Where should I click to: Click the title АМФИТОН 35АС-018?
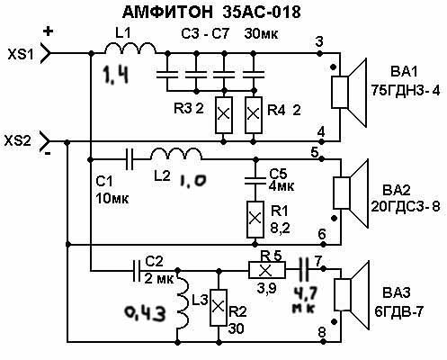tap(211, 13)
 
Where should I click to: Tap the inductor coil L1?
tap(130, 48)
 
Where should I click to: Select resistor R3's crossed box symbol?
tap(224, 115)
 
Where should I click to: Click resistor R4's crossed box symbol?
tap(254, 115)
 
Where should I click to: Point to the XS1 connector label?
tap(21, 54)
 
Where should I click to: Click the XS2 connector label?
tap(17, 140)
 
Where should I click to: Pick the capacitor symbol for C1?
tap(130, 159)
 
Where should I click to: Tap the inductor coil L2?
tap(176, 154)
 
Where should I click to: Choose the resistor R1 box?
tap(255, 220)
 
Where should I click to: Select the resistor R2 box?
tap(219, 308)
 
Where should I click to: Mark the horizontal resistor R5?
tap(267, 271)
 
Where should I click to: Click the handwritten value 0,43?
tap(145, 313)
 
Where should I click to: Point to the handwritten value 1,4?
tap(115, 75)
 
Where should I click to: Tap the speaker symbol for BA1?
tap(349, 92)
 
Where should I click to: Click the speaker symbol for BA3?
tap(351, 295)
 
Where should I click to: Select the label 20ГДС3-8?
tap(406, 207)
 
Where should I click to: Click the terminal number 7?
tap(317, 262)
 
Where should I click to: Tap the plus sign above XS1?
tap(48, 31)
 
